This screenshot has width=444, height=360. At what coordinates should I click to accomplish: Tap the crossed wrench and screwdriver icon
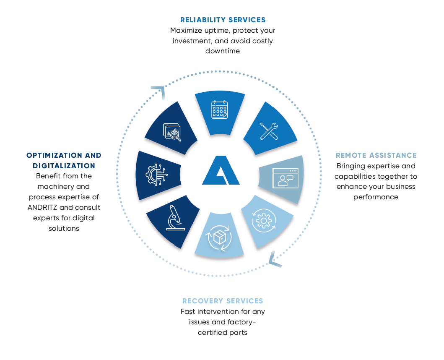[269, 131]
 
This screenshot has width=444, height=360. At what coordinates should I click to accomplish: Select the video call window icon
[285, 178]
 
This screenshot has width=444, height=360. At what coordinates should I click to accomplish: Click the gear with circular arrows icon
[264, 221]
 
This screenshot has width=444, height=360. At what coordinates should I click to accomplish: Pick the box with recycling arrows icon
[220, 237]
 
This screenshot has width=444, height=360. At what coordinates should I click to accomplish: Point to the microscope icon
[175, 217]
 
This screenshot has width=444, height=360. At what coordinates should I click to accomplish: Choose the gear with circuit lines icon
[156, 175]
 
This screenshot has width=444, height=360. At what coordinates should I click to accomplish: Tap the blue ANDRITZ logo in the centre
[221, 170]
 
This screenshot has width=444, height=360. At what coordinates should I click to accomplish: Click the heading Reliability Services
[223, 20]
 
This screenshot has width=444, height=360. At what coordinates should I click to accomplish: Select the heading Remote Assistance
[376, 155]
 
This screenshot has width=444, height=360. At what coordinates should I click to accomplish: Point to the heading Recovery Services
[223, 301]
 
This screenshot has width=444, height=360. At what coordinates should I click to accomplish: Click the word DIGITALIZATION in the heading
[64, 166]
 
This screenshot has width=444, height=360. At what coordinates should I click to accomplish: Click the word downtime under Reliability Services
[223, 51]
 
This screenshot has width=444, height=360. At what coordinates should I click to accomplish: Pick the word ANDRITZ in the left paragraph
[42, 208]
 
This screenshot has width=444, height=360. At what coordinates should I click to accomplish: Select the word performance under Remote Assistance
[376, 197]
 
